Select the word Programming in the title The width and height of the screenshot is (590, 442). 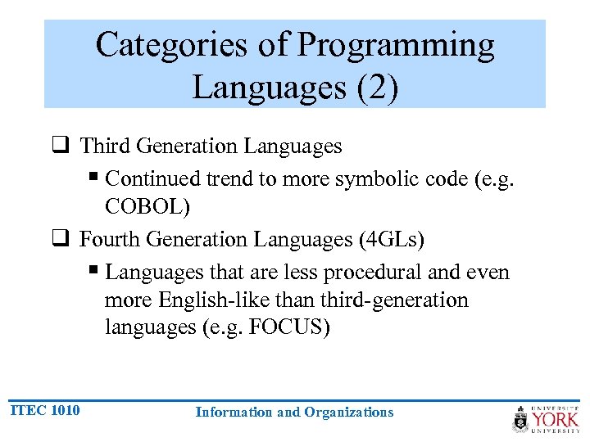396,46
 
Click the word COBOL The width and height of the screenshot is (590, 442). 147,207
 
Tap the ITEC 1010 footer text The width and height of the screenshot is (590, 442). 45,410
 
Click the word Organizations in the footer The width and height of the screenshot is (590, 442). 348,413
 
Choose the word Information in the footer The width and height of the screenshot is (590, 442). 234,413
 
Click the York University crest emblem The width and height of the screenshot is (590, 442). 520,418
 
